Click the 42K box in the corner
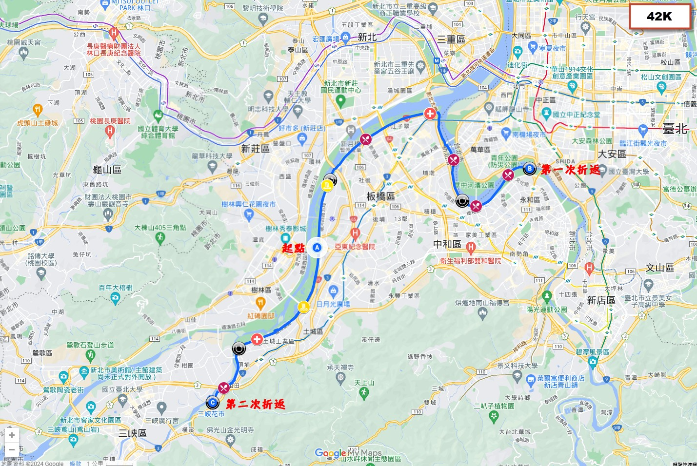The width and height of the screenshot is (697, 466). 659,17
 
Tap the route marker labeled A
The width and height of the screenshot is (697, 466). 317,248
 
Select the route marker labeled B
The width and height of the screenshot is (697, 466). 529,169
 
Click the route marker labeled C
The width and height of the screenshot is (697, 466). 212,403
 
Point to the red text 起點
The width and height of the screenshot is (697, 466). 293,248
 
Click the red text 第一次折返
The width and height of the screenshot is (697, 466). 570,170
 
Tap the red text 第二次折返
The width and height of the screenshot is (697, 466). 255,404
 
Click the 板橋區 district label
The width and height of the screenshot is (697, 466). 380,196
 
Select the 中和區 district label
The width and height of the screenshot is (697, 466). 447,244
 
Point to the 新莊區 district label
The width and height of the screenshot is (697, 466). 255,149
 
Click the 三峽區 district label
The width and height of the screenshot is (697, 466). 132,433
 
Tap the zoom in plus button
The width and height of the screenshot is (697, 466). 12,435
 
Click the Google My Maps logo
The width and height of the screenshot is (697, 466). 348,453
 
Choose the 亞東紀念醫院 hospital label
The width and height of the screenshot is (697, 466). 355,247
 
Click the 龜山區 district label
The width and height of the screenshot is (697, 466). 107,170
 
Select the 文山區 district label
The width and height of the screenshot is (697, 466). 659,268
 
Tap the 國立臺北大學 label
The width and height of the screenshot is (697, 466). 122,389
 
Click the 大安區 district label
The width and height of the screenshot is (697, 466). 612,154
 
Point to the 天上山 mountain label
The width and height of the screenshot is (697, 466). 364,383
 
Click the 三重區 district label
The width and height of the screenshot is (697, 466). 451,39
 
